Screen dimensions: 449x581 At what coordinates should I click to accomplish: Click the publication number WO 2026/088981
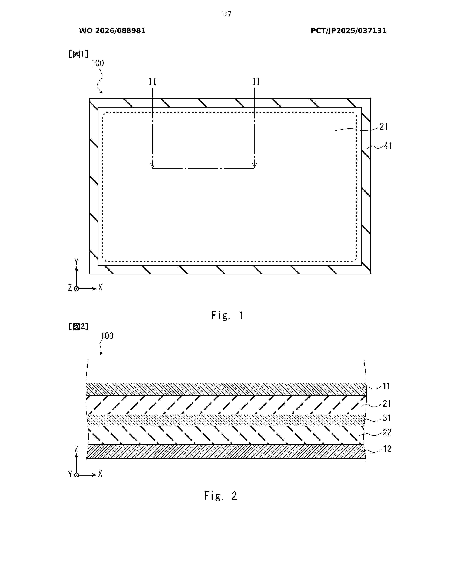(x=112, y=31)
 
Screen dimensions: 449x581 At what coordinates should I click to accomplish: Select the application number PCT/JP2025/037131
(x=348, y=31)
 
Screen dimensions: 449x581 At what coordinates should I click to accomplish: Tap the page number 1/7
(x=226, y=14)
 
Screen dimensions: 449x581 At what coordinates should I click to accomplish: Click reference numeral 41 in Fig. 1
(x=388, y=146)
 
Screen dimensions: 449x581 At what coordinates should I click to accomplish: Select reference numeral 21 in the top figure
(x=383, y=127)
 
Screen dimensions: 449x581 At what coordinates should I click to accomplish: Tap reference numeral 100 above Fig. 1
(x=97, y=63)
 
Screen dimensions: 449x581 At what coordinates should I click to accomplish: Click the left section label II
(x=152, y=82)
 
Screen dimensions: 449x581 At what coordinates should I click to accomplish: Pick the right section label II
(x=256, y=82)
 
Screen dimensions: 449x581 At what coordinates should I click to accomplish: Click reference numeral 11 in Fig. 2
(x=386, y=386)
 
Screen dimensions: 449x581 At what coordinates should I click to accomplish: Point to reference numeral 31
(x=387, y=418)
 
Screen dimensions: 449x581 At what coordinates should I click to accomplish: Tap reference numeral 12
(x=387, y=449)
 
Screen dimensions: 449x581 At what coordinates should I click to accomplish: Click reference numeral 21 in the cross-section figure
(x=387, y=404)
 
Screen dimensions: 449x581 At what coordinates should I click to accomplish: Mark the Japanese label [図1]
(x=78, y=54)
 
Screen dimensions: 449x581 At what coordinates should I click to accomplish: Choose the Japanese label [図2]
(x=78, y=326)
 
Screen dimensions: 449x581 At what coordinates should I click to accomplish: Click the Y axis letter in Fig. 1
(x=76, y=262)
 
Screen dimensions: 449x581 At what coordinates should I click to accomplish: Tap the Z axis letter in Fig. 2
(x=76, y=449)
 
